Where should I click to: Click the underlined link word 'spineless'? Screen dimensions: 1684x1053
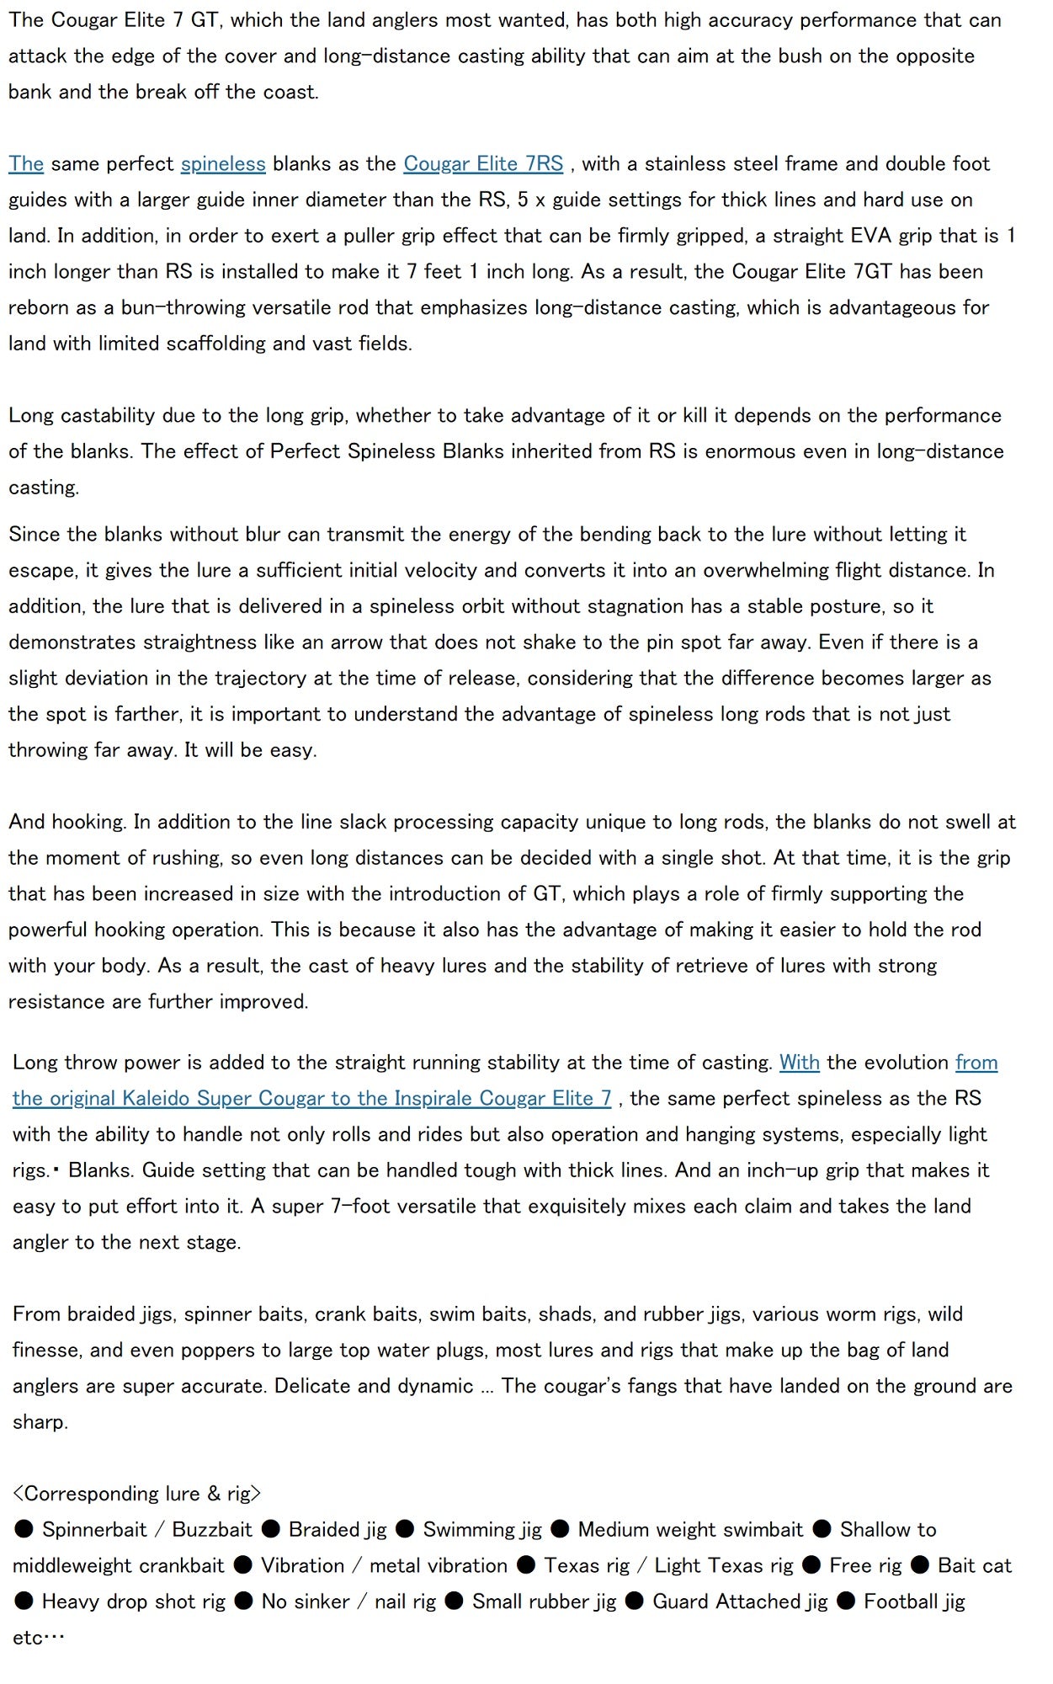tap(223, 163)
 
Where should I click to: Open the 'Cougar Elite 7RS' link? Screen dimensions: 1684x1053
tap(483, 163)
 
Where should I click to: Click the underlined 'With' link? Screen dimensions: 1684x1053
tap(799, 1063)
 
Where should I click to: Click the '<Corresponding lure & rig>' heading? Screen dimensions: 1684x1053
tap(136, 1494)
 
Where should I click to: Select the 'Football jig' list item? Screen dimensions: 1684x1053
tap(914, 1601)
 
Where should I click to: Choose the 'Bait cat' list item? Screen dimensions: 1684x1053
tap(974, 1566)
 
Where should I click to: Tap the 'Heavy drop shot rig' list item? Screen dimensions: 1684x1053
tap(133, 1601)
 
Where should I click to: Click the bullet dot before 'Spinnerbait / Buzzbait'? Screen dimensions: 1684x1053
tap(24, 1529)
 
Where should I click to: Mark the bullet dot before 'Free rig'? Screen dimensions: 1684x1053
tap(811, 1565)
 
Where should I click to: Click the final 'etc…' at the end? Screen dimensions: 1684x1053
tap(39, 1638)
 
